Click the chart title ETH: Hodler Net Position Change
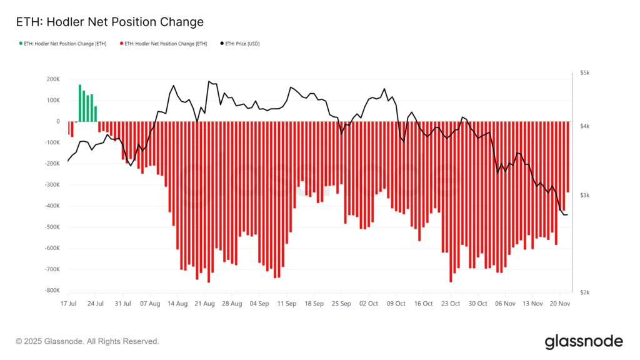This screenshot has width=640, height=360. pos(109,22)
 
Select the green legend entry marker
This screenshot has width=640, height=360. pos(21,44)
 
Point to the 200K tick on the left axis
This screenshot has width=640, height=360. pos(52,79)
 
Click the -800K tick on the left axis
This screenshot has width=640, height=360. pos(51,291)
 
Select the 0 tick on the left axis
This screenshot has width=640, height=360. pos(57,122)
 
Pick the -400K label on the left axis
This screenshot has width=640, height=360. pos(51,206)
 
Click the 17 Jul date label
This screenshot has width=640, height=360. pos(68,303)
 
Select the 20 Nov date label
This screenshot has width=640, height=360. pos(559,303)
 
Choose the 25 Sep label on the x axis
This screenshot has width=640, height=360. pos(341,303)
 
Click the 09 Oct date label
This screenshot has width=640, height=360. pos(396,303)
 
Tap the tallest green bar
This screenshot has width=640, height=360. pos(80,103)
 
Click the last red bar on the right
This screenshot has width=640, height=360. pos(567,157)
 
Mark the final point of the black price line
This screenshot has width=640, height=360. pos(567,215)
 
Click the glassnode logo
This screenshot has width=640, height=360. pos(584,341)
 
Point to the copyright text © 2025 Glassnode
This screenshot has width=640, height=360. pos(87,341)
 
